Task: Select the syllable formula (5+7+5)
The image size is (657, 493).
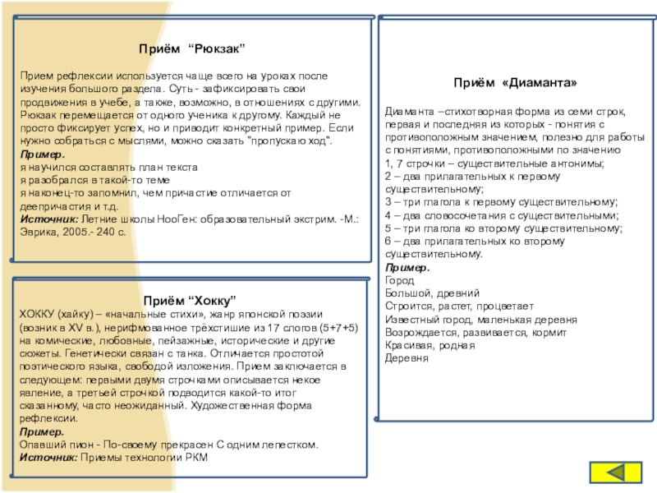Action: [x=339, y=327]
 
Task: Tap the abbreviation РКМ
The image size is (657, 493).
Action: [x=196, y=456]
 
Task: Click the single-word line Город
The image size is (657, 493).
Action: [x=398, y=280]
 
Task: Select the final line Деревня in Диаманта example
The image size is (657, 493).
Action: [x=407, y=360]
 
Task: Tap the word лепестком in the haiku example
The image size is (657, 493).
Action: [x=291, y=445]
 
